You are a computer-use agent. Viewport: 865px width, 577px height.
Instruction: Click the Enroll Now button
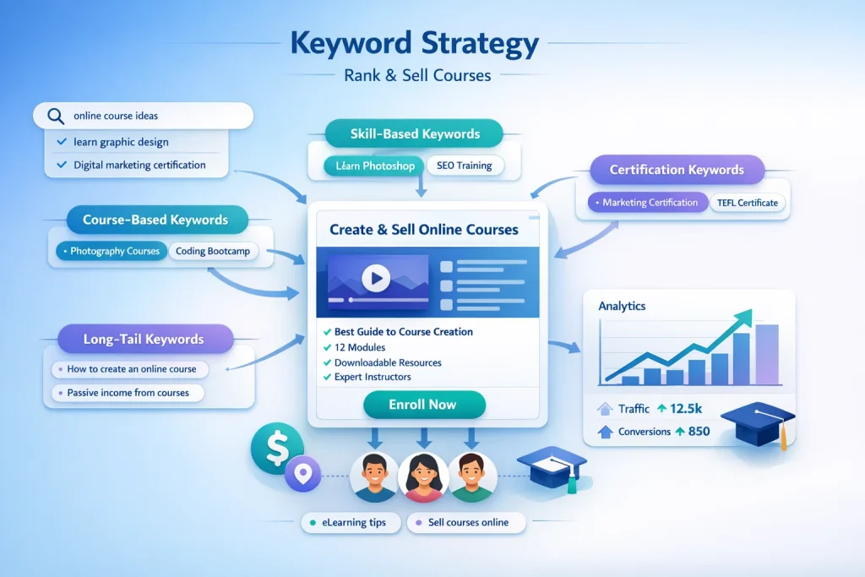click(x=423, y=405)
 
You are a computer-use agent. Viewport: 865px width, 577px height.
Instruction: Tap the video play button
click(x=375, y=277)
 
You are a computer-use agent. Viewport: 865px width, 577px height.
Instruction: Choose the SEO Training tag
click(x=465, y=166)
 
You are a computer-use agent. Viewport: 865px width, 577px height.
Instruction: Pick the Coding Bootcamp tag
click(x=214, y=252)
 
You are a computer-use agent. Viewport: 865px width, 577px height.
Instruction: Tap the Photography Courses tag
click(x=110, y=252)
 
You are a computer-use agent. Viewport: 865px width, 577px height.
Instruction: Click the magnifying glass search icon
click(x=56, y=116)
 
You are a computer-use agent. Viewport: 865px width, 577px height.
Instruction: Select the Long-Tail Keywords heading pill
click(x=144, y=340)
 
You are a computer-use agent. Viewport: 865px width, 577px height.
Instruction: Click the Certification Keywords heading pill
click(x=677, y=170)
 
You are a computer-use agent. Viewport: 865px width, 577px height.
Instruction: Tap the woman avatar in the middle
click(x=422, y=476)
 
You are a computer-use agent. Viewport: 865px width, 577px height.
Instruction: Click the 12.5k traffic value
click(x=685, y=409)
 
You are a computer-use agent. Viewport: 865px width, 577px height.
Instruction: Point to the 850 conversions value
click(x=698, y=432)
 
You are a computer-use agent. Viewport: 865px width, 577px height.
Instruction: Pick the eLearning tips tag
click(x=349, y=523)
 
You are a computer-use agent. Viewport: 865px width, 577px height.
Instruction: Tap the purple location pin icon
click(x=302, y=473)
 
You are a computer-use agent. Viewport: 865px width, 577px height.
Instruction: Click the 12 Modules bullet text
click(x=360, y=347)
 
